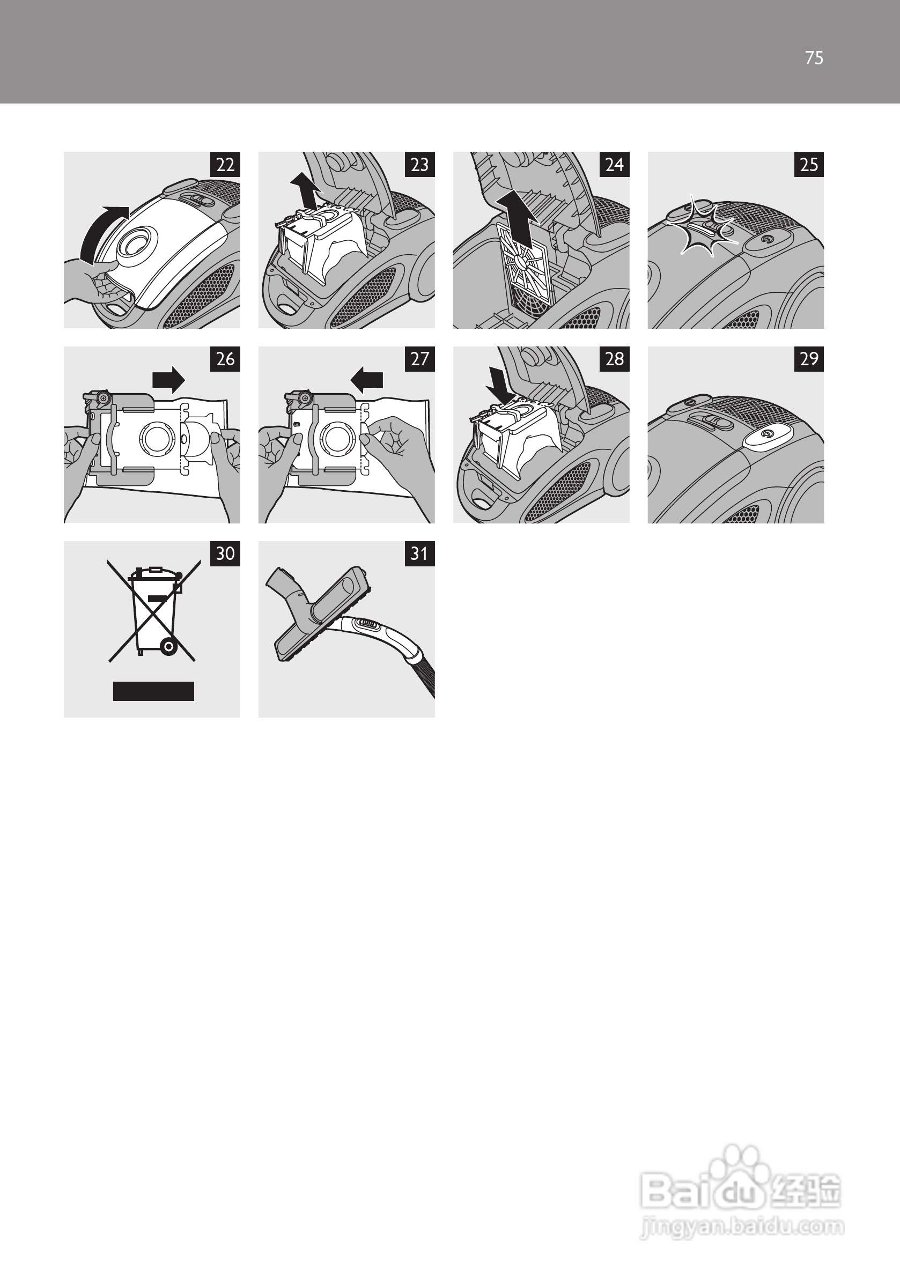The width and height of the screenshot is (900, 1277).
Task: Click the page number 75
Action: pyautogui.click(x=814, y=58)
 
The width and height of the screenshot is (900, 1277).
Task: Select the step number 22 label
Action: pyautogui.click(x=225, y=165)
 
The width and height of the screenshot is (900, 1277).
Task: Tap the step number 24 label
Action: pyautogui.click(x=614, y=165)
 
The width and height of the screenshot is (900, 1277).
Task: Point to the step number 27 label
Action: pyautogui.click(x=419, y=359)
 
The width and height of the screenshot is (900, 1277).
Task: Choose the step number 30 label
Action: pyautogui.click(x=225, y=553)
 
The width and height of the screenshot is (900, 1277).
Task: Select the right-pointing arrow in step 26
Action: pyautogui.click(x=168, y=380)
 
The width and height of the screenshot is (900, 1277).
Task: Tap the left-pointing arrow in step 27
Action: pyautogui.click(x=366, y=380)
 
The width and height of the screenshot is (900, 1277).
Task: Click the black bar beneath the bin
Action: pyautogui.click(x=153, y=691)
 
